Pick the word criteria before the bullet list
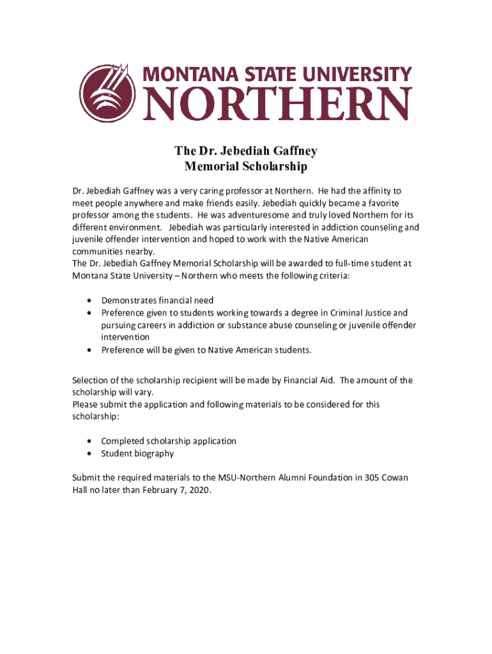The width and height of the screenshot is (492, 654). click(332, 276)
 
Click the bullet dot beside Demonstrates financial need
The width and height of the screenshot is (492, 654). click(88, 300)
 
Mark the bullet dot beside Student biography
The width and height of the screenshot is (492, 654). click(88, 453)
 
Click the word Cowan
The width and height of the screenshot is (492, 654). click(395, 478)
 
